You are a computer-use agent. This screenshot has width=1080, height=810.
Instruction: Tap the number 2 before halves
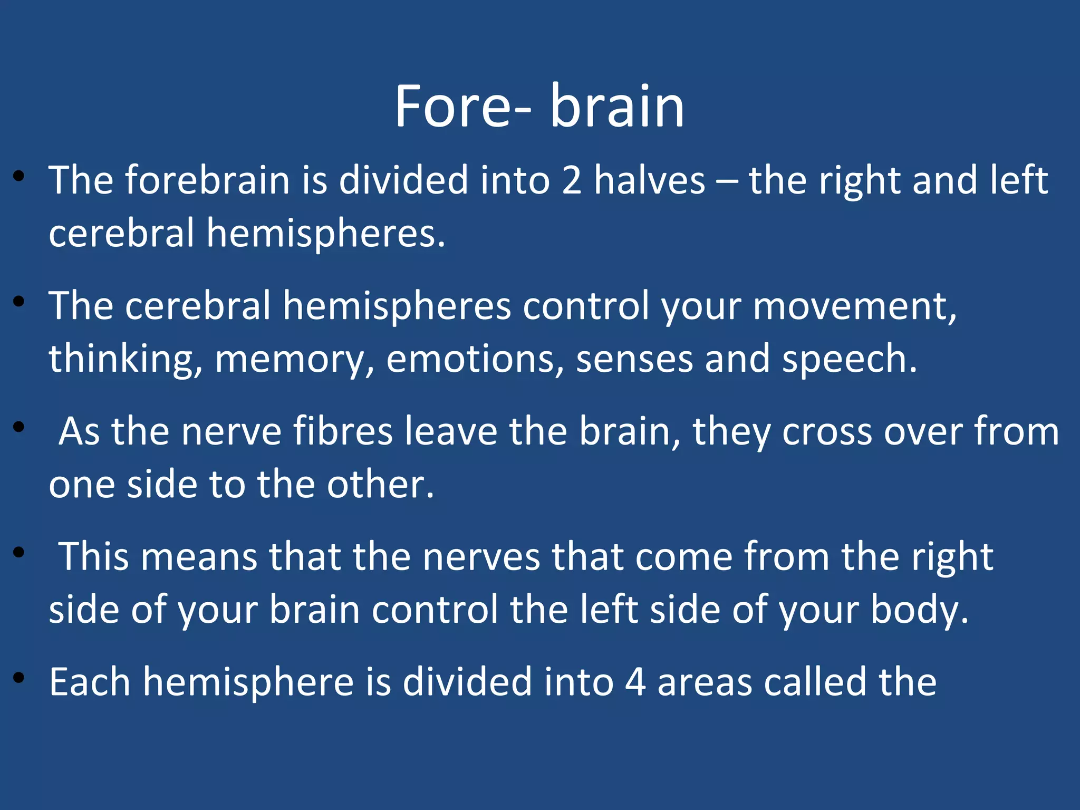[x=572, y=180]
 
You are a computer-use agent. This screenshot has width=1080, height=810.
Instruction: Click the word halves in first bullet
[x=650, y=180]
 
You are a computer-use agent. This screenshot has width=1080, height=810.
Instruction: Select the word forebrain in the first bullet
[x=207, y=180]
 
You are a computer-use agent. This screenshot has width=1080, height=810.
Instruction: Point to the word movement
[x=854, y=306]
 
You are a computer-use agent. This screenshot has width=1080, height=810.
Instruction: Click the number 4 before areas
[x=635, y=682]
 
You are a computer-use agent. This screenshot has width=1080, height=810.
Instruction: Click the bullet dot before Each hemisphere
[x=20, y=678]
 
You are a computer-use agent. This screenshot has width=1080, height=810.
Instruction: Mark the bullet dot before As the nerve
[x=20, y=427]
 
